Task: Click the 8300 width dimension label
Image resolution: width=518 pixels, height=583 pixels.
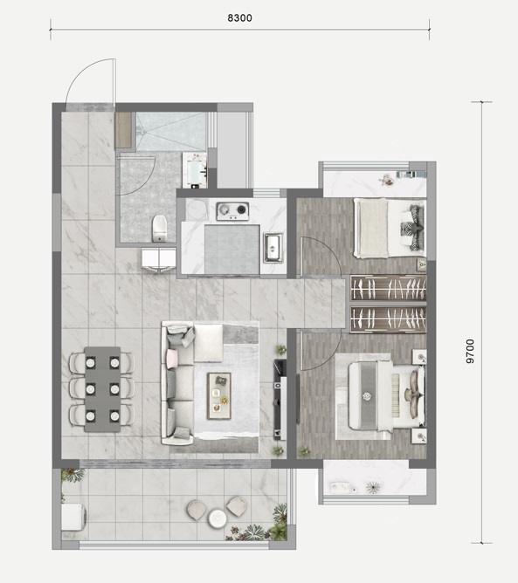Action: (x=239, y=17)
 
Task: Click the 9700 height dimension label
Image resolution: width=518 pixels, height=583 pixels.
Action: (x=470, y=352)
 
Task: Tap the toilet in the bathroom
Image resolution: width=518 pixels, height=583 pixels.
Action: (x=160, y=229)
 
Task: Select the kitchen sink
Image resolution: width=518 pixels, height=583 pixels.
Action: (x=273, y=248)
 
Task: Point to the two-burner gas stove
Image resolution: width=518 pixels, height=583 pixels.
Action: (x=232, y=211)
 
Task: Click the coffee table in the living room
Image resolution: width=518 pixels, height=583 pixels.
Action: (x=219, y=395)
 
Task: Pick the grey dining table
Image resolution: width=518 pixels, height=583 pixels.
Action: (x=102, y=389)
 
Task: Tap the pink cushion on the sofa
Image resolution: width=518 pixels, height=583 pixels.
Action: (x=172, y=359)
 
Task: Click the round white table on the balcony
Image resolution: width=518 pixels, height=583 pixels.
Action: (x=218, y=518)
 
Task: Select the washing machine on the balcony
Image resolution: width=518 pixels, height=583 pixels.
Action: (x=73, y=517)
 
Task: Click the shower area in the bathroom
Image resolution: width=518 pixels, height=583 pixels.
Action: (x=171, y=132)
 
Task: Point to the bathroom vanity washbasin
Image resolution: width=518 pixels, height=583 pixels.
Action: (x=195, y=169)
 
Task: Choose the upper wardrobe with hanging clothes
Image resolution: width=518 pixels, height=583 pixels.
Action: (x=389, y=288)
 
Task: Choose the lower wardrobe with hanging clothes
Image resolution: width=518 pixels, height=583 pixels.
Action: (x=389, y=319)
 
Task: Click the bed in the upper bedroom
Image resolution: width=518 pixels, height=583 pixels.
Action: (x=390, y=228)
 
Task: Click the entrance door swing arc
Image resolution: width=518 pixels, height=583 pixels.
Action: (x=81, y=72)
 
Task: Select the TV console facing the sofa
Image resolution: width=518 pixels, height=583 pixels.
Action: (x=280, y=400)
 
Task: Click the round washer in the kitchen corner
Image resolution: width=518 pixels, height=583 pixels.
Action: (x=197, y=210)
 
